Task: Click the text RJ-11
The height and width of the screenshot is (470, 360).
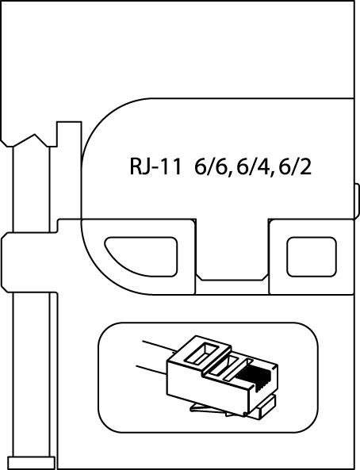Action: (155, 167)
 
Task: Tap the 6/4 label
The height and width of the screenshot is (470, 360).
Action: (255, 168)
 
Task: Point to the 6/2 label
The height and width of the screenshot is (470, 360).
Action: (295, 167)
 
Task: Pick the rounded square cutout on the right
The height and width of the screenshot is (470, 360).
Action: (311, 257)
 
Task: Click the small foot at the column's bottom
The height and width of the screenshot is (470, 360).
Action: (31, 463)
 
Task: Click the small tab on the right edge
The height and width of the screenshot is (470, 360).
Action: (357, 201)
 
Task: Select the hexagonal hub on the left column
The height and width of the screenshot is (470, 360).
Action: (29, 262)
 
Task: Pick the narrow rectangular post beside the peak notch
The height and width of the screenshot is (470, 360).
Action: (69, 134)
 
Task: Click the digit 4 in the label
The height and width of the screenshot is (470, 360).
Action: (265, 167)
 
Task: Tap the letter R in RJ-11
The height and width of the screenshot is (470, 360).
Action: (136, 167)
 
